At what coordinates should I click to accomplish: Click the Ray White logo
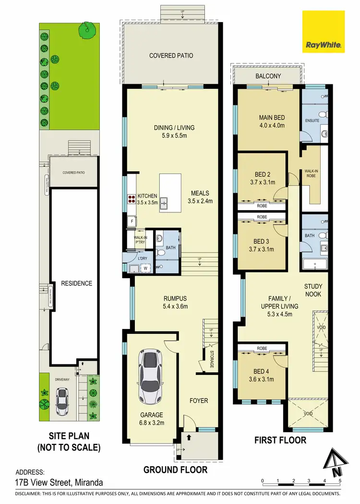tap(323, 32)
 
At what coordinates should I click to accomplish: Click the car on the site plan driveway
tap(62, 401)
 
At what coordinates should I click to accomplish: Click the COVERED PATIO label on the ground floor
tap(171, 56)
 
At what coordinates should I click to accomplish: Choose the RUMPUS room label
tap(175, 298)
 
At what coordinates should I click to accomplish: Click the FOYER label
tap(198, 400)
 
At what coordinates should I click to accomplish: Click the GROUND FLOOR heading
tap(175, 469)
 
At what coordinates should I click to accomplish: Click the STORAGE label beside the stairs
tap(212, 360)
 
